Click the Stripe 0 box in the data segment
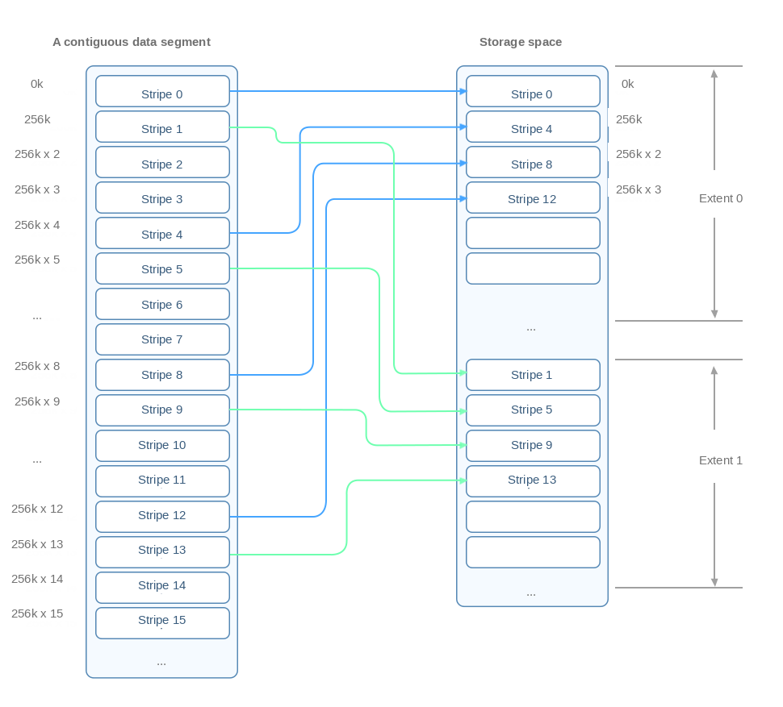(x=162, y=91)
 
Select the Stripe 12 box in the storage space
(x=533, y=198)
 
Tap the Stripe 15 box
(x=162, y=622)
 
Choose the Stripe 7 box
(x=162, y=339)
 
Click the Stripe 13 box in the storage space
(x=533, y=481)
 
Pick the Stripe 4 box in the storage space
(x=533, y=127)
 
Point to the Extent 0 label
(x=721, y=198)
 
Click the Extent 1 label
(x=721, y=460)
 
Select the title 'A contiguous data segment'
(x=132, y=43)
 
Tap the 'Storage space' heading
(x=521, y=43)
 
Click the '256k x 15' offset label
(x=37, y=613)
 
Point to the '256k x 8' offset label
(x=37, y=366)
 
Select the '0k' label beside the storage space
(x=628, y=85)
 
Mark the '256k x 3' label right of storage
(x=639, y=189)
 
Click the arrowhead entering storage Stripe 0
(x=463, y=91)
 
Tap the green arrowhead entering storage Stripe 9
(x=463, y=445)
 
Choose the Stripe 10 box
(x=162, y=446)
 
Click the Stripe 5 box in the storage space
(x=533, y=410)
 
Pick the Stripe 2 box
(x=162, y=162)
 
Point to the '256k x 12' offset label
(x=37, y=509)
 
